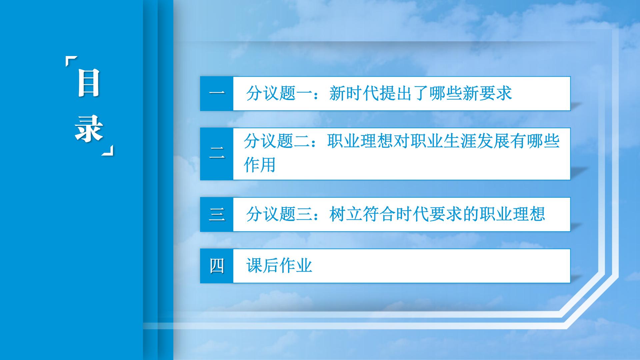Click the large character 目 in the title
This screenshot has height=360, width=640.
click(89, 83)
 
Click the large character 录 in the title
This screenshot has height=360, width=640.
click(89, 129)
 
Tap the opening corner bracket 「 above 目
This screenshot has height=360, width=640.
click(72, 62)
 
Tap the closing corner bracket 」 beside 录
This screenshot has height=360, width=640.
click(107, 150)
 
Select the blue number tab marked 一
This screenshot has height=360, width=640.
click(217, 93)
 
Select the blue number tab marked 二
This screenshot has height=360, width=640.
click(217, 154)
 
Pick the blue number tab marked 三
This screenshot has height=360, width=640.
click(217, 214)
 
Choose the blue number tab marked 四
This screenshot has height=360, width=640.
click(217, 266)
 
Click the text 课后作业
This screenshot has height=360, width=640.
click(279, 266)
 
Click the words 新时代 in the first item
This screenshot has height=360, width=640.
click(354, 93)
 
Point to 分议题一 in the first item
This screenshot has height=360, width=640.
click(279, 93)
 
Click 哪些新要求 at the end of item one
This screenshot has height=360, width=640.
click(471, 93)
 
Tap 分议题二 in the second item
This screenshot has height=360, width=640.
click(277, 141)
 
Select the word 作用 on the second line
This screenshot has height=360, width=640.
click(260, 165)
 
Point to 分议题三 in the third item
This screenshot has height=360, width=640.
click(279, 214)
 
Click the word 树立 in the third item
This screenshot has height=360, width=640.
click(346, 214)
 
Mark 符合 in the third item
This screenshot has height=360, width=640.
click(379, 214)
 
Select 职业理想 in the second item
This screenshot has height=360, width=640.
click(360, 141)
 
